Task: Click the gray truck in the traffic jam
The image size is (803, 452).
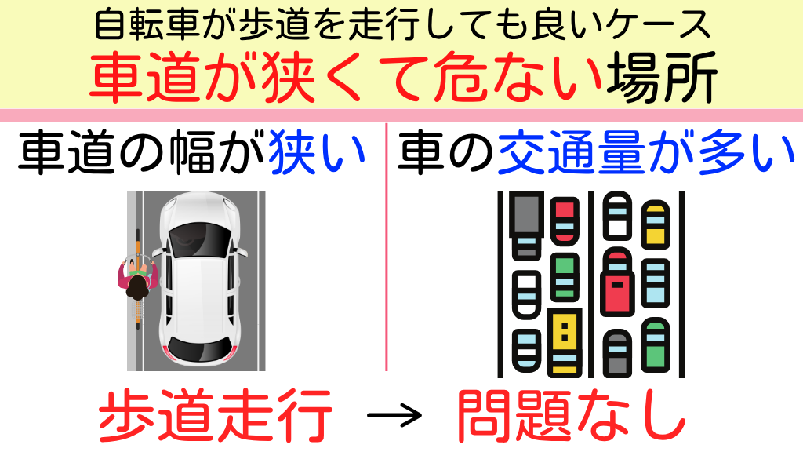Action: (525, 224)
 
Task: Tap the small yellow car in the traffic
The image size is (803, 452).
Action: (655, 223)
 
